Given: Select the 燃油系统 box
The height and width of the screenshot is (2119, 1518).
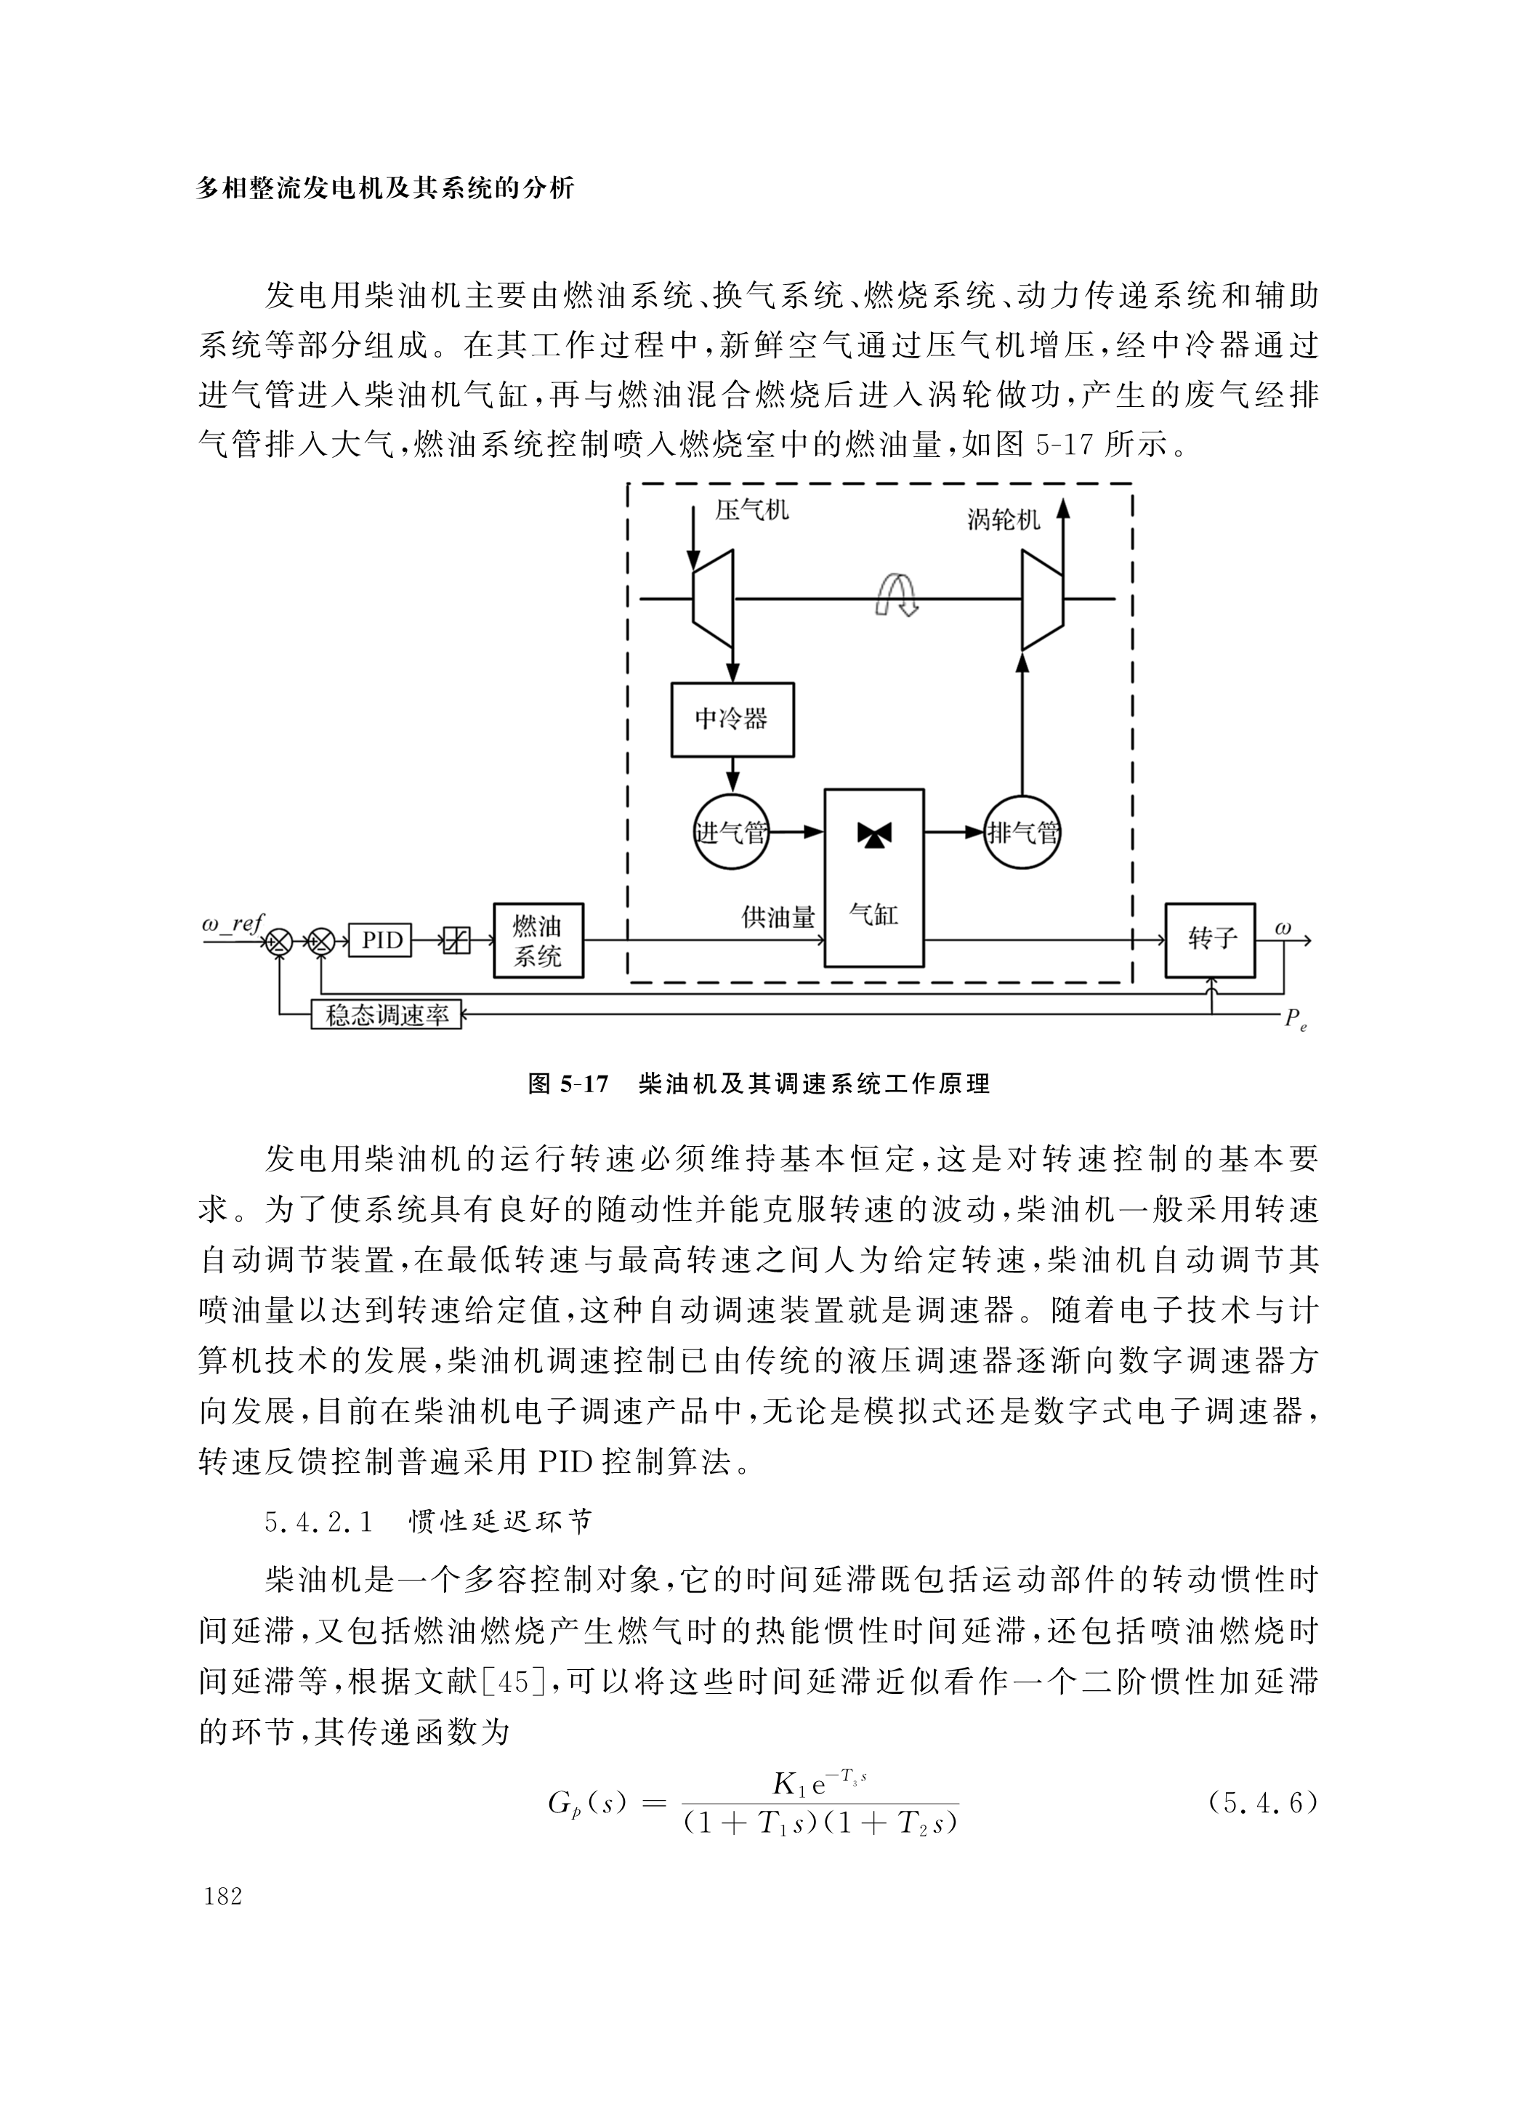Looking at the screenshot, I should coord(538,940).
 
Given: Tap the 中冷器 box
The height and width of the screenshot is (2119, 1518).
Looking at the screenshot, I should coord(732,719).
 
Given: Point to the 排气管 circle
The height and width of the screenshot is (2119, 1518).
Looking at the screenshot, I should coord(1023,831).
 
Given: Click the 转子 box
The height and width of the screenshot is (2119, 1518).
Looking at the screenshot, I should coord(1210,939).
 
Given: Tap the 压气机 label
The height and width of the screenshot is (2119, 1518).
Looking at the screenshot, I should coord(752,509).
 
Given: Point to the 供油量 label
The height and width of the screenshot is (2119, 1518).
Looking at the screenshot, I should coord(778,918).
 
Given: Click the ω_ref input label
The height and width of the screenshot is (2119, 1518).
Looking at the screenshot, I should coord(232,924).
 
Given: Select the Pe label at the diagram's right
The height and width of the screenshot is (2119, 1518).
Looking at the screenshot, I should coord(1296,1020).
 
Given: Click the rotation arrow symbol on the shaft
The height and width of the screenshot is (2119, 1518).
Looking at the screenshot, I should coord(896,595).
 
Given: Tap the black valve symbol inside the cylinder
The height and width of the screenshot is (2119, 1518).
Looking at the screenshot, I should coord(874,835).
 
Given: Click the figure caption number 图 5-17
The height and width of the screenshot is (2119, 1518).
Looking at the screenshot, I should coord(568,1083).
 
